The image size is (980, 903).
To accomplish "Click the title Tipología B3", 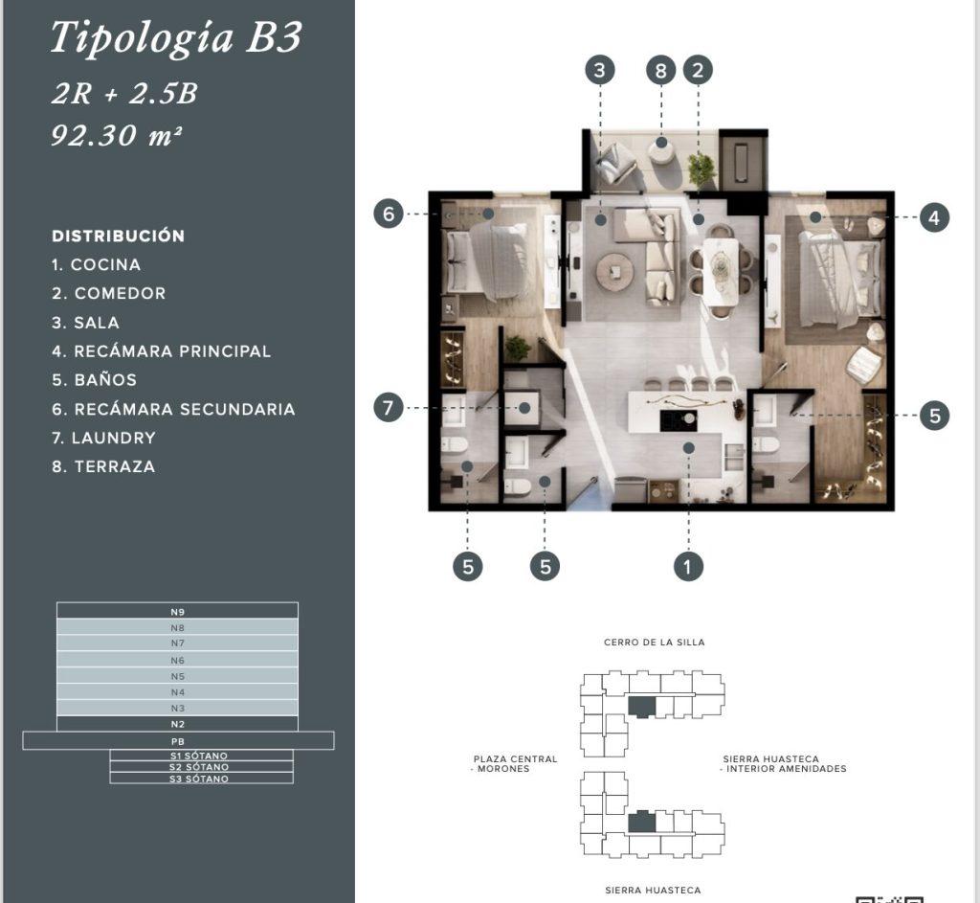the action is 176,38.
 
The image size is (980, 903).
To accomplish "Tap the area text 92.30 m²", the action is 117,135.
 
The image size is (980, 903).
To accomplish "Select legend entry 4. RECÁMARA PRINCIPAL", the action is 161,351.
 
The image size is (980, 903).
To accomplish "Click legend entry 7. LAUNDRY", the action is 103,438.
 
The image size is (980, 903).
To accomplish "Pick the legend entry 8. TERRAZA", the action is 103,466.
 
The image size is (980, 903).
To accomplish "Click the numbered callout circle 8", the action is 660,70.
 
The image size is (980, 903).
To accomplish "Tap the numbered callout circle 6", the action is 389,214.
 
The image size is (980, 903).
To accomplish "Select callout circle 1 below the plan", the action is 688,567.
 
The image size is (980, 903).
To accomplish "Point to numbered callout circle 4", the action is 934,217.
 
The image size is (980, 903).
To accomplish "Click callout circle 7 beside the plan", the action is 389,408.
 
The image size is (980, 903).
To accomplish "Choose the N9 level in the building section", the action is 177,611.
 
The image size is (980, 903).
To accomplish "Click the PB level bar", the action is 178,741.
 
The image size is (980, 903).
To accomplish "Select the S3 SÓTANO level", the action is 201,779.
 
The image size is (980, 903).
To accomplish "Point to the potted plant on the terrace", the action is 702,168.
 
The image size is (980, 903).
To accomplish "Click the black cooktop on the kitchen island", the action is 679,420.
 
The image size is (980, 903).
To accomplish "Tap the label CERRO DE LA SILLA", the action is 654,643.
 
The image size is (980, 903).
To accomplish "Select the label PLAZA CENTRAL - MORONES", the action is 514,763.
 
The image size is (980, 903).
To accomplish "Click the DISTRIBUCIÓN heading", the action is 118,236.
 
